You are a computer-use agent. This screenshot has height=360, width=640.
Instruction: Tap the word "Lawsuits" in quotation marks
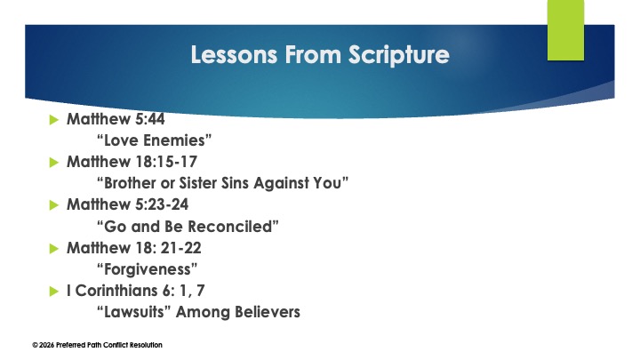coord(132,311)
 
